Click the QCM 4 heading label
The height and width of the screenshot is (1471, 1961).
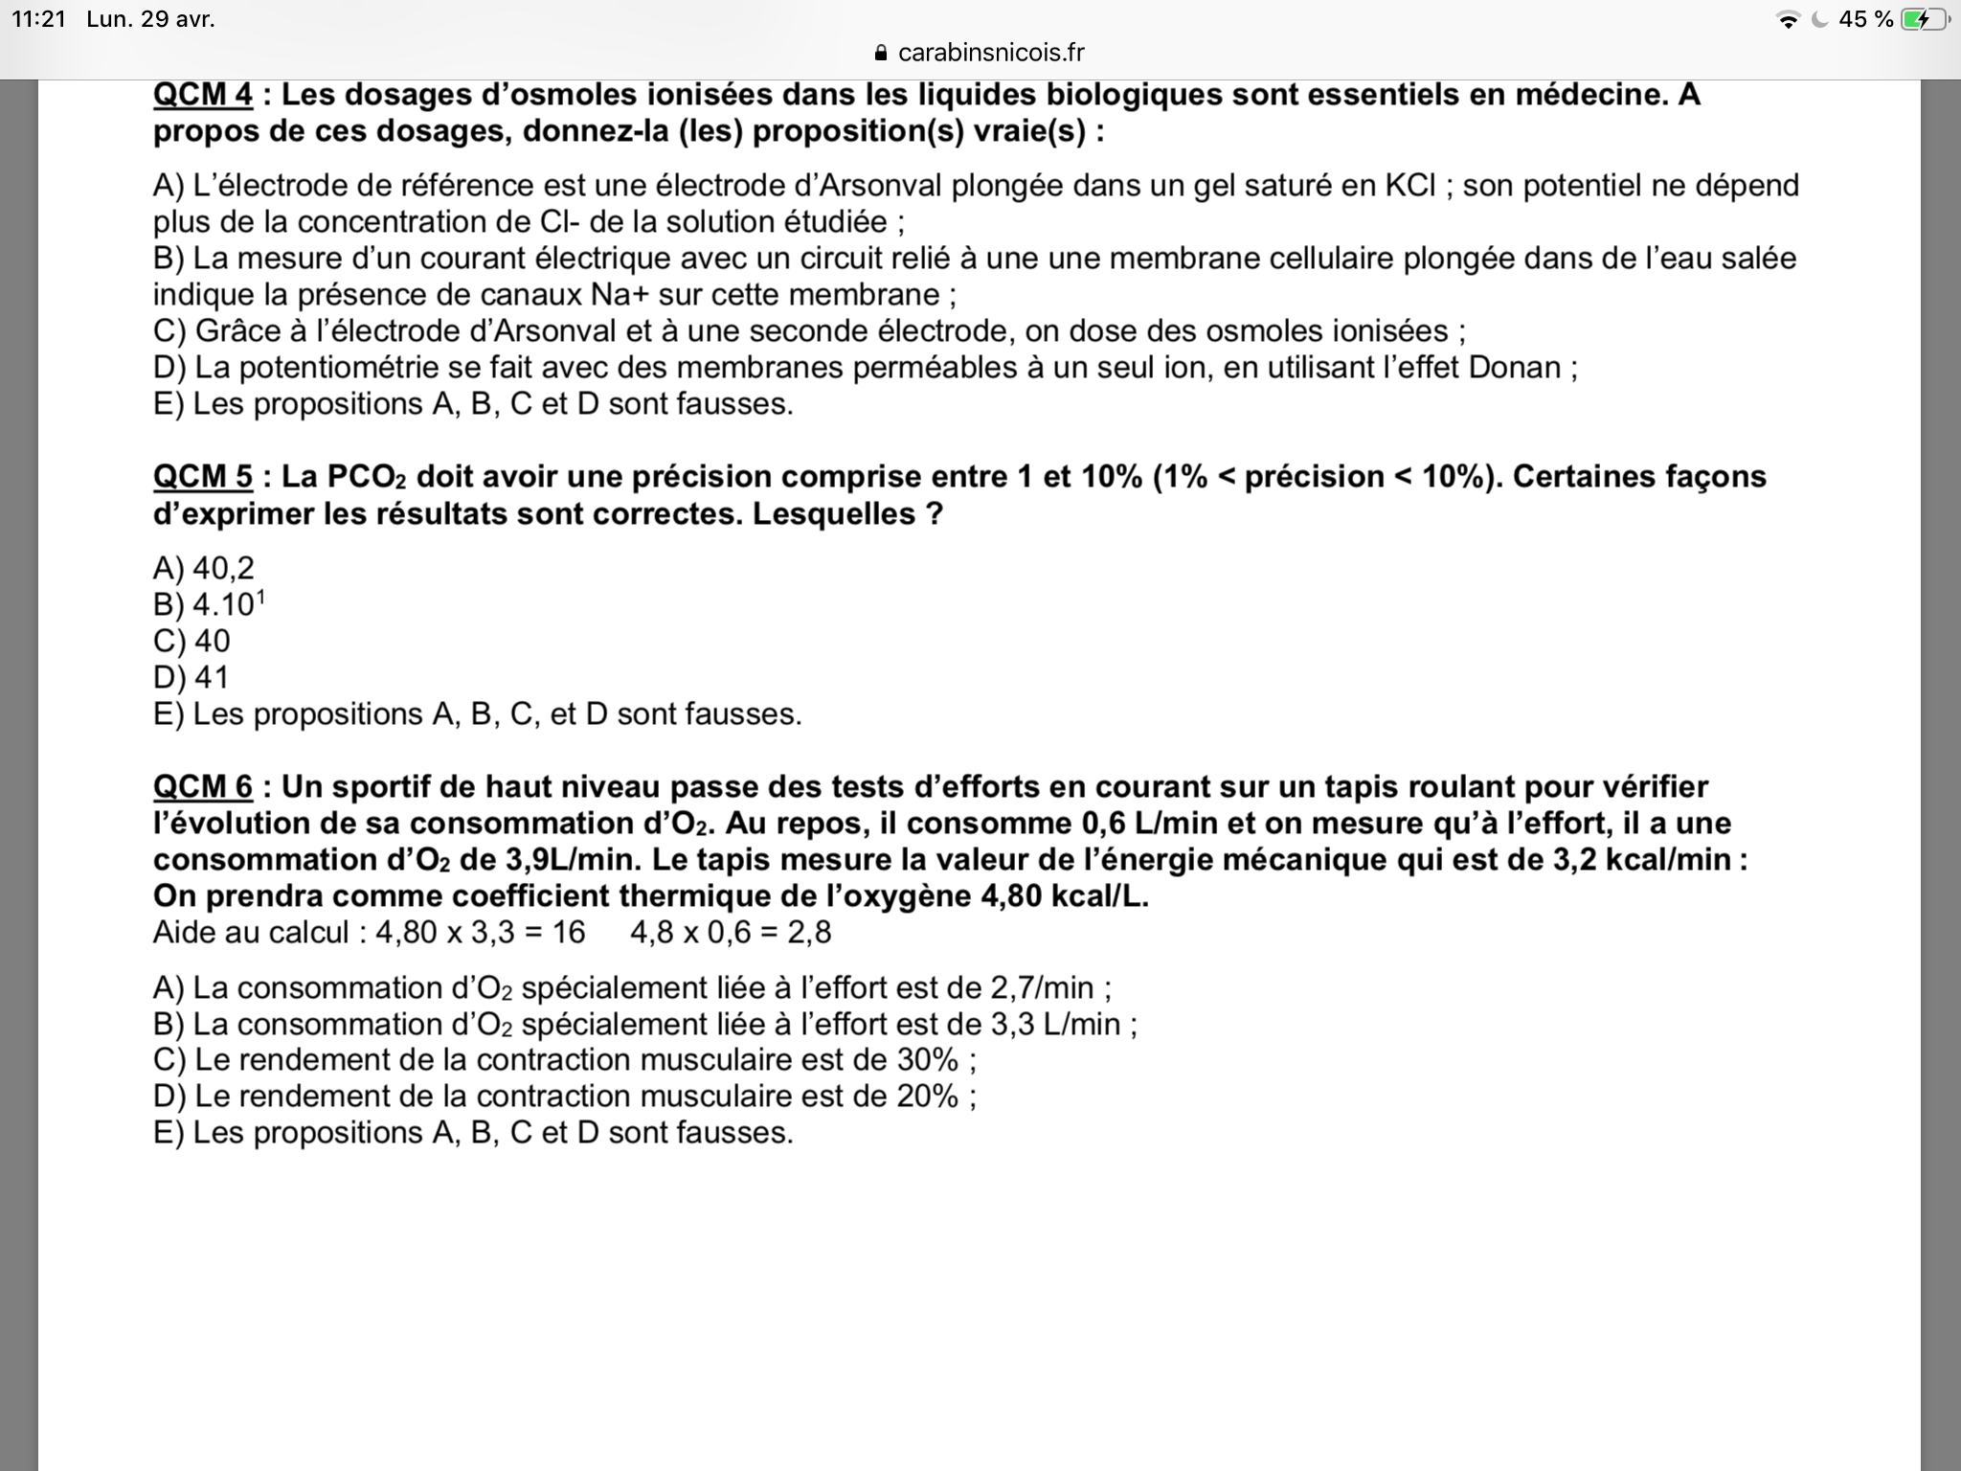pyautogui.click(x=203, y=95)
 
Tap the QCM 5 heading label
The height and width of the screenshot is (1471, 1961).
pyautogui.click(x=203, y=477)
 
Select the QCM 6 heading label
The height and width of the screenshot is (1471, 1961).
pyautogui.click(x=203, y=787)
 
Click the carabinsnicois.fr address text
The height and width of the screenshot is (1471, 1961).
pyautogui.click(x=991, y=53)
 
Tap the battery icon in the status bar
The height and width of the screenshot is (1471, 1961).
pyautogui.click(x=1924, y=19)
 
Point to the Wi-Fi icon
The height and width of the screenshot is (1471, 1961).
pyautogui.click(x=1787, y=19)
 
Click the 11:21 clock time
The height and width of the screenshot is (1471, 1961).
pyautogui.click(x=38, y=19)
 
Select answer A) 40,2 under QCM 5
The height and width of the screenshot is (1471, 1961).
pyautogui.click(x=204, y=569)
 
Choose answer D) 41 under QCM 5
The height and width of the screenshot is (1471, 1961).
pyautogui.click(x=192, y=678)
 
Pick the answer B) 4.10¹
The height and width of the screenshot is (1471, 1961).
pyautogui.click(x=209, y=604)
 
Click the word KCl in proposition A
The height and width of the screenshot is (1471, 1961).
pyautogui.click(x=1410, y=185)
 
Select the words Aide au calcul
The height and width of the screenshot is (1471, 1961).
pyautogui.click(x=251, y=933)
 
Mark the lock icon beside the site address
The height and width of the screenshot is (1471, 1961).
pyautogui.click(x=882, y=53)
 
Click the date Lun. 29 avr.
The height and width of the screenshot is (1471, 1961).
pyautogui.click(x=150, y=19)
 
